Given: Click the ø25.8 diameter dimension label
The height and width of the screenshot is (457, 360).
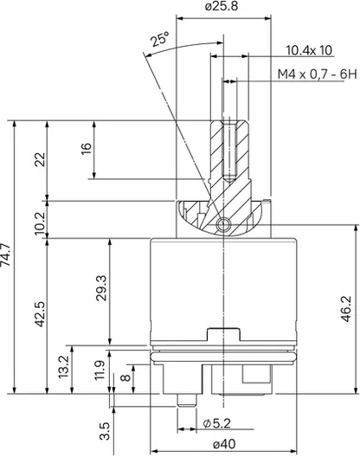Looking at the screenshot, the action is (x=222, y=6).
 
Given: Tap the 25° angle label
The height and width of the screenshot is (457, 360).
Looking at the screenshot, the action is (x=160, y=39).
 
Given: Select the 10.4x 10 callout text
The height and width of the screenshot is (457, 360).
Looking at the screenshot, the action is (x=309, y=50).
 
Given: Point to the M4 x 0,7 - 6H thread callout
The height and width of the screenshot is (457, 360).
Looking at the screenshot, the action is (x=317, y=74).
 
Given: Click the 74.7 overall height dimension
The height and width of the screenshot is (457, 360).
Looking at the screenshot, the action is (x=6, y=254).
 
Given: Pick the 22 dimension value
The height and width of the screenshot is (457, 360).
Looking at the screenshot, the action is (x=40, y=159).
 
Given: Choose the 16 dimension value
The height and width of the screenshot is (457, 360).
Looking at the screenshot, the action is (x=87, y=149).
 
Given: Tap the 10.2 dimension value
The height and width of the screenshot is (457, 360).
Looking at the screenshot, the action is (x=40, y=223).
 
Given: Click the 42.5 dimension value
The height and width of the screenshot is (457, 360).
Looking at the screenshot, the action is (x=40, y=314).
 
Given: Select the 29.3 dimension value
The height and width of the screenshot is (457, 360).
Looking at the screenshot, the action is (x=102, y=288).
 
